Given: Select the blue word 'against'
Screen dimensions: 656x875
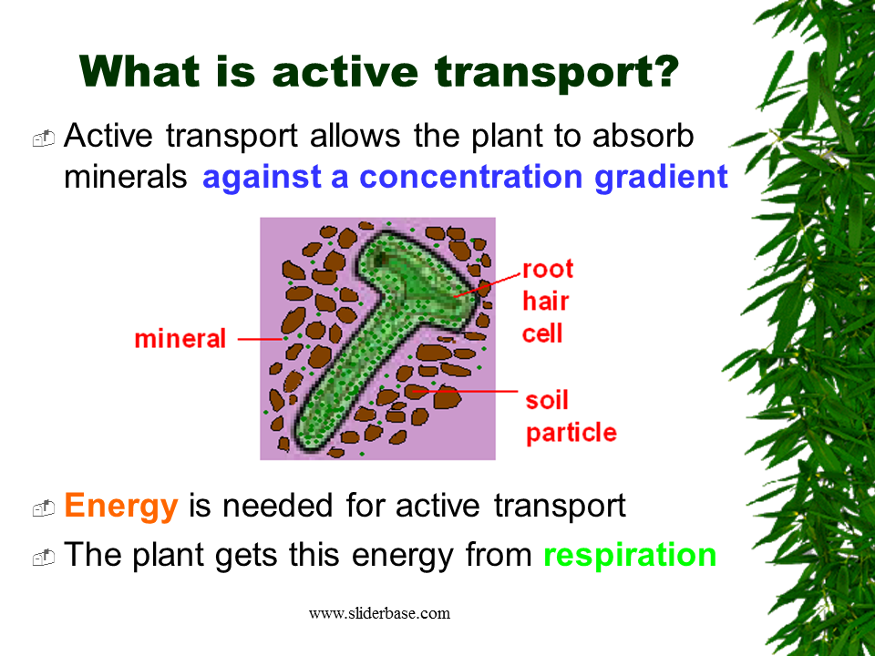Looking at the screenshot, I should tap(259, 177).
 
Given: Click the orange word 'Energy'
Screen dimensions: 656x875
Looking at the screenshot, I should tap(121, 506).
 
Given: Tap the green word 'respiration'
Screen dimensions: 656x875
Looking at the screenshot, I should tap(630, 555).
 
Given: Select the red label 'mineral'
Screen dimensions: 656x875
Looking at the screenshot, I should tap(180, 339).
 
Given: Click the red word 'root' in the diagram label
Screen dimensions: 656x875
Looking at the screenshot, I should tap(548, 269).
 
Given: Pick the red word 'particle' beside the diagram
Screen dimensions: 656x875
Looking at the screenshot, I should tap(571, 432).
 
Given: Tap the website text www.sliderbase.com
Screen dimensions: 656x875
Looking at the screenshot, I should tap(379, 613).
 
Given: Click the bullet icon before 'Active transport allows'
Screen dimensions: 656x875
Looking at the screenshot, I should tap(44, 138).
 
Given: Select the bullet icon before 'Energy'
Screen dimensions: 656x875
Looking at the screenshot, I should tap(44, 508).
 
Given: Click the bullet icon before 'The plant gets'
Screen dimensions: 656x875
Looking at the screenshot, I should tap(44, 557).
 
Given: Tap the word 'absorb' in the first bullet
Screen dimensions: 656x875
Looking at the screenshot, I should tap(643, 137).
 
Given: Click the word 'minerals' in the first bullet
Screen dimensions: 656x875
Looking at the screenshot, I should tap(125, 177).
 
